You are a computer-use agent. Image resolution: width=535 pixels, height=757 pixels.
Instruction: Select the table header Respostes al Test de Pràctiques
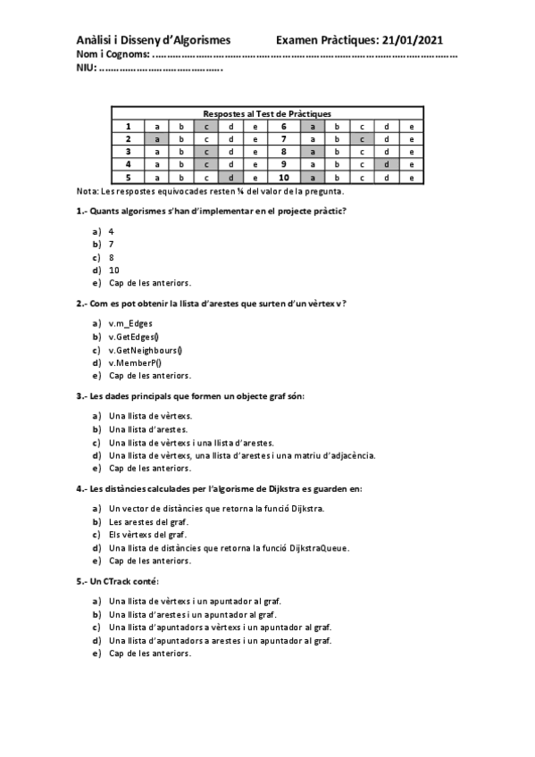pyautogui.click(x=267, y=114)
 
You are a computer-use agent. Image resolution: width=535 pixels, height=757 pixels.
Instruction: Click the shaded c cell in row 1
pyautogui.click(x=205, y=127)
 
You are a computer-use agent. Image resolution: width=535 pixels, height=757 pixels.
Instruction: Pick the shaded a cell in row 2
pyautogui.click(x=156, y=139)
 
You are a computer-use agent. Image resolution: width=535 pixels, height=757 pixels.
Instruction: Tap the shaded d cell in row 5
pyautogui.click(x=230, y=178)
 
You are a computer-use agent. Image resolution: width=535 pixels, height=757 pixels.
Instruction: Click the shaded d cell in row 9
pyautogui.click(x=387, y=164)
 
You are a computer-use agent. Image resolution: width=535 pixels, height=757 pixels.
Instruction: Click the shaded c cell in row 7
pyautogui.click(x=362, y=139)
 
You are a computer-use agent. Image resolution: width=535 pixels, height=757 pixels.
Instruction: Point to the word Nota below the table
pyautogui.click(x=87, y=191)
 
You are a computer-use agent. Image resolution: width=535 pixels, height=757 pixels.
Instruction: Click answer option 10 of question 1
pyautogui.click(x=114, y=270)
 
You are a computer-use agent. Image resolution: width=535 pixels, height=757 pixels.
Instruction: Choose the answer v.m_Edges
pyautogui.click(x=130, y=323)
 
